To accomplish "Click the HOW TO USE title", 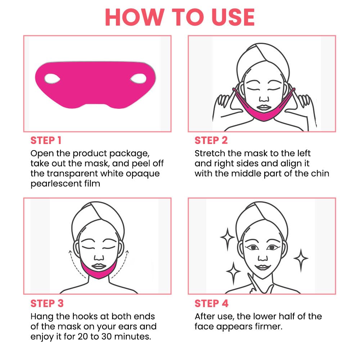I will (180, 16).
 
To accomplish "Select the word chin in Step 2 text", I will (319, 173).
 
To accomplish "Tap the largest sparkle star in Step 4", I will (228, 238).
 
